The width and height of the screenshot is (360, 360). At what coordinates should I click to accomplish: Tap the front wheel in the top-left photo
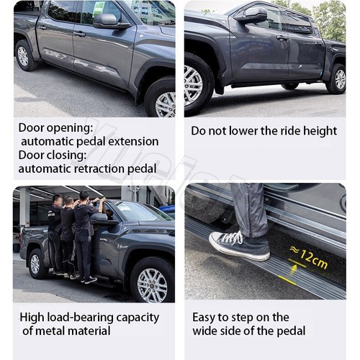(161, 99)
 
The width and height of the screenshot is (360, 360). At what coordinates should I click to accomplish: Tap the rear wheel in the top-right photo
(336, 78)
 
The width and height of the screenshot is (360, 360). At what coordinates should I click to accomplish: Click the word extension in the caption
(134, 141)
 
